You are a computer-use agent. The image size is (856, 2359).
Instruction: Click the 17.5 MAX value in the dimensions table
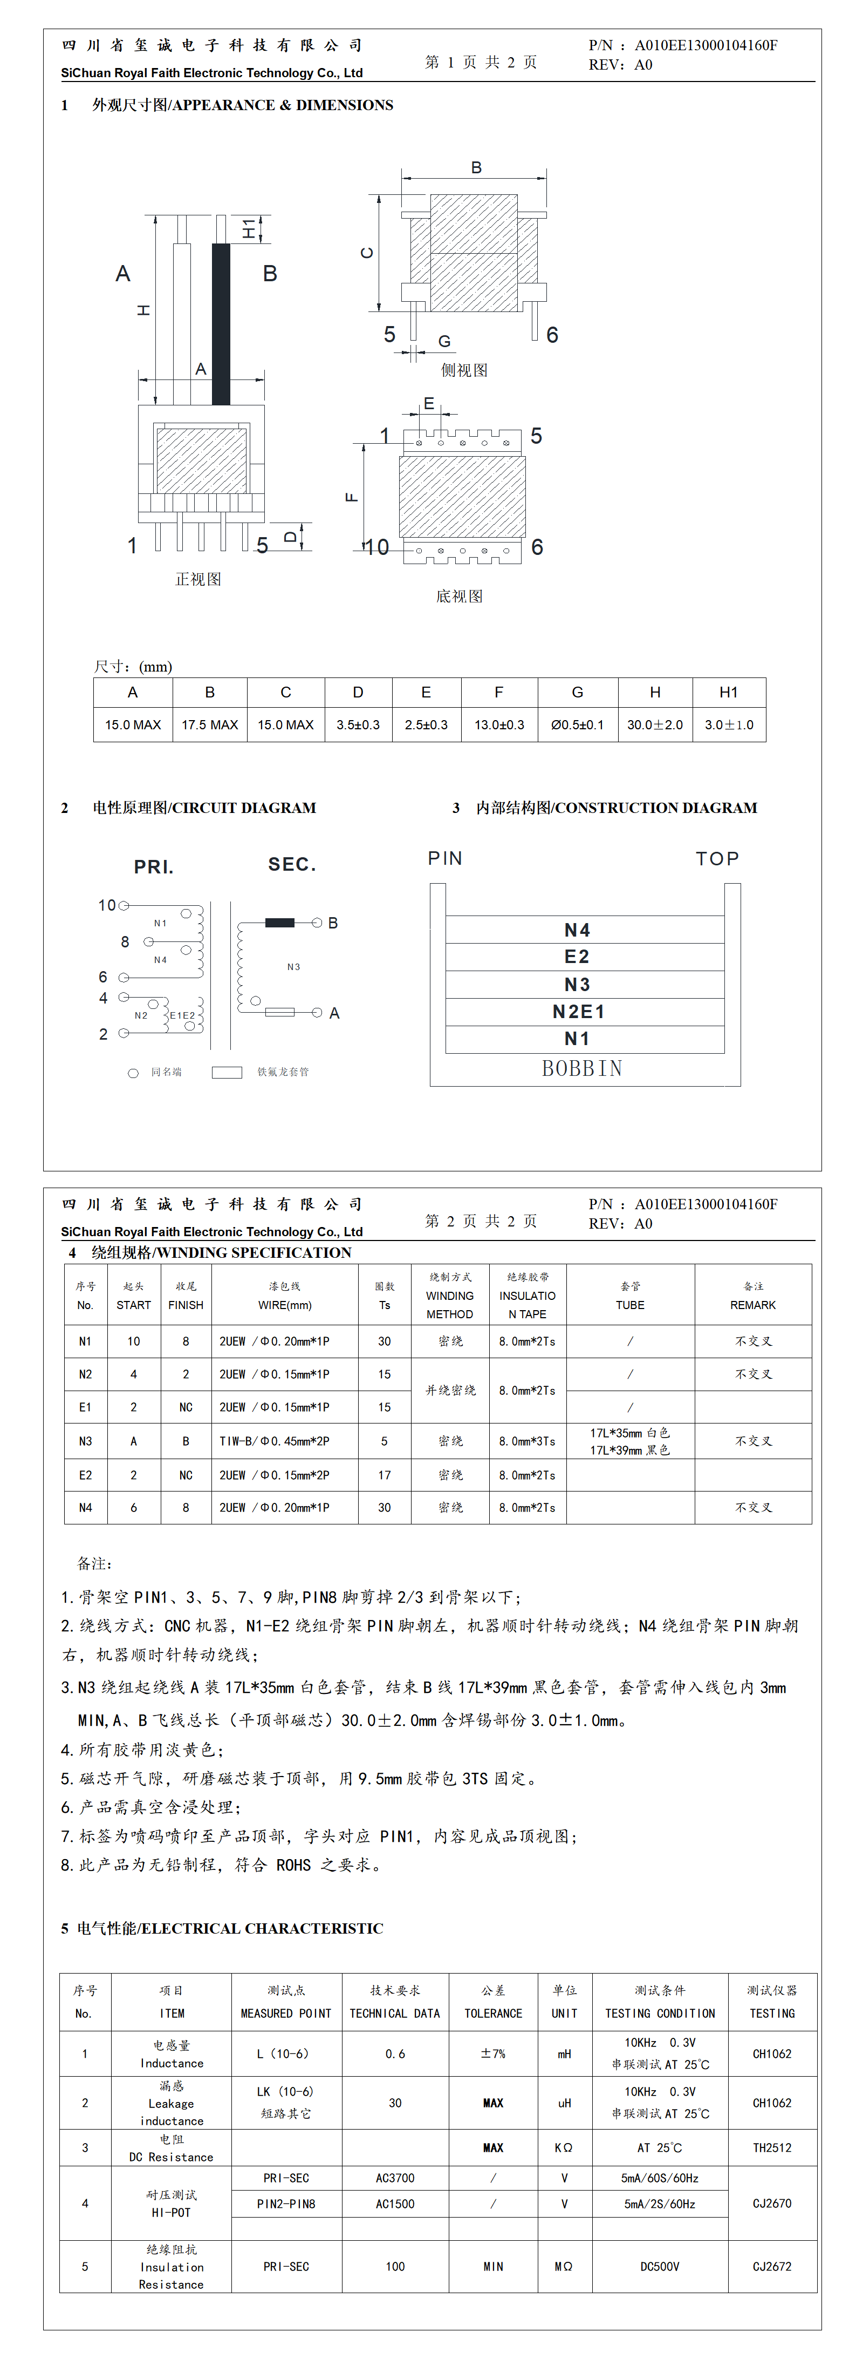[210, 724]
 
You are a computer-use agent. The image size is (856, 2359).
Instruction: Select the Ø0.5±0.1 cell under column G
[577, 724]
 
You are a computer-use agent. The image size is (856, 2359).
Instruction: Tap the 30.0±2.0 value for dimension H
[655, 724]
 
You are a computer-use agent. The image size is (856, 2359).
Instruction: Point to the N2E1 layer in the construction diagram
[578, 1011]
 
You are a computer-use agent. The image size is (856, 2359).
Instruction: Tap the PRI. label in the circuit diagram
[154, 866]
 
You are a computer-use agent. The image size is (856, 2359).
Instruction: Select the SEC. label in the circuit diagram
[292, 864]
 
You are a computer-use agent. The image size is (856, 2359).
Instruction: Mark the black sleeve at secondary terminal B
[279, 922]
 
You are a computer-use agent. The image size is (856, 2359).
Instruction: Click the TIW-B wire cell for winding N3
[274, 1440]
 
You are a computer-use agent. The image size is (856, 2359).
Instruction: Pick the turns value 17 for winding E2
[385, 1474]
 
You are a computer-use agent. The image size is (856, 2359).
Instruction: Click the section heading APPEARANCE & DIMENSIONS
[243, 105]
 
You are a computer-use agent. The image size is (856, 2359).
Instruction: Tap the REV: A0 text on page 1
[621, 65]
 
